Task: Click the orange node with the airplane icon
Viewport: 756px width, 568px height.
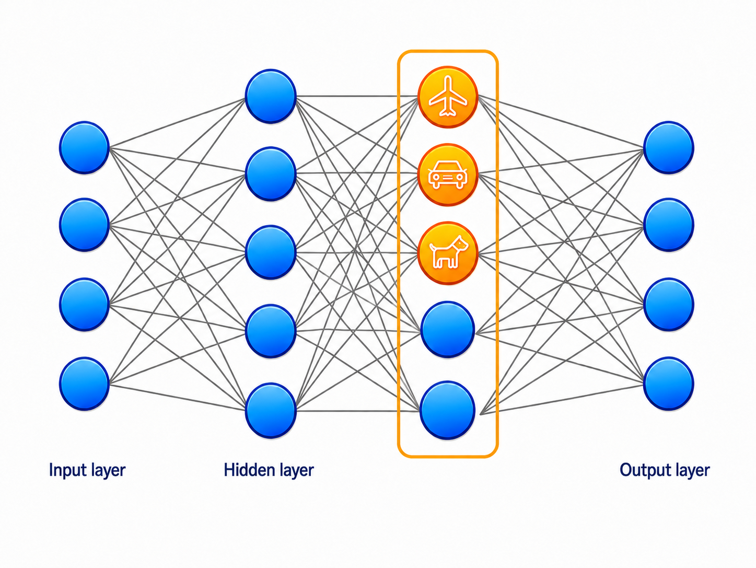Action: click(447, 97)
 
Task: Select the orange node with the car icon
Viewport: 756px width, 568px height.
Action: click(447, 175)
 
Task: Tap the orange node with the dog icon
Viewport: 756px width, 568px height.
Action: click(447, 253)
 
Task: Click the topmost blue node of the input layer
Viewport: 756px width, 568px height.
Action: click(84, 147)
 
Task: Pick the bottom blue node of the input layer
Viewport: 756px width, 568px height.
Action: click(84, 384)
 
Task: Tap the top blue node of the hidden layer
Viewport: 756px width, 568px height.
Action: click(271, 96)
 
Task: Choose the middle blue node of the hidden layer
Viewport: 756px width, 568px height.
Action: click(271, 252)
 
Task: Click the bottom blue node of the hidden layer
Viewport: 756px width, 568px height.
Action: click(271, 411)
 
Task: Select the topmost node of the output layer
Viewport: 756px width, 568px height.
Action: click(669, 147)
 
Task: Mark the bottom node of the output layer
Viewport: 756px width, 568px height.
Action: click(669, 384)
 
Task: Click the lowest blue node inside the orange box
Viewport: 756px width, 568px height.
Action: click(447, 410)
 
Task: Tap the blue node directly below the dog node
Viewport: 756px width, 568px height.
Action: click(447, 330)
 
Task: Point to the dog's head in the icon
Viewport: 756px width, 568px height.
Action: click(460, 244)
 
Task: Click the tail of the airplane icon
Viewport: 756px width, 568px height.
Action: click(447, 112)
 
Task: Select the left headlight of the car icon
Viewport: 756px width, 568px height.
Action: click(436, 177)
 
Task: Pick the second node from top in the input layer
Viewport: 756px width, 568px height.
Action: click(84, 225)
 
